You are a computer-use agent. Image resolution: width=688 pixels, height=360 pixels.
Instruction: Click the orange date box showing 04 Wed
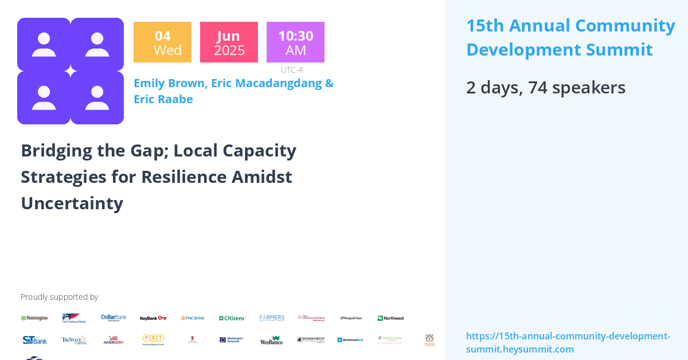tap(162, 42)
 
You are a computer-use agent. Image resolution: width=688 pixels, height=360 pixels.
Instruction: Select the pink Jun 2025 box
tap(229, 42)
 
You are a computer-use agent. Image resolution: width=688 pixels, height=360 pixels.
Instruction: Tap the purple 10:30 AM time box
tap(295, 42)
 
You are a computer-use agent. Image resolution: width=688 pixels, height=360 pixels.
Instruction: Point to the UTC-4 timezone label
tap(291, 70)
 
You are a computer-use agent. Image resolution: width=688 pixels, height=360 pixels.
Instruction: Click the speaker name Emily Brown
tap(169, 83)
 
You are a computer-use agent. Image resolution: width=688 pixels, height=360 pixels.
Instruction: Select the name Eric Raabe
tap(163, 99)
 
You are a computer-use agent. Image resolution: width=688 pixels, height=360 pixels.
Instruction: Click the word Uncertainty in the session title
tap(72, 203)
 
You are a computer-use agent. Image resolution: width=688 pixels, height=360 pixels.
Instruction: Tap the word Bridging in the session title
tap(57, 150)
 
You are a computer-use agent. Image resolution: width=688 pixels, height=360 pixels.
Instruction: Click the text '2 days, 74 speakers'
tap(545, 88)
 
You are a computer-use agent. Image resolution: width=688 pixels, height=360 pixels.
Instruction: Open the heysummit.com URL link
tap(568, 342)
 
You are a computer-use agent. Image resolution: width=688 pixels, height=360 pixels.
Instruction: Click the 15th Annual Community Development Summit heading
tap(570, 37)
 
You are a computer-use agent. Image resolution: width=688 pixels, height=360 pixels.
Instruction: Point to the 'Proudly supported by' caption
tap(59, 297)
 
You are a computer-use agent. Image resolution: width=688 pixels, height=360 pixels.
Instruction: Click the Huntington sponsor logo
tap(34, 318)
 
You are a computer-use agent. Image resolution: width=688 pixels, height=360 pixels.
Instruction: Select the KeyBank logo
tap(153, 318)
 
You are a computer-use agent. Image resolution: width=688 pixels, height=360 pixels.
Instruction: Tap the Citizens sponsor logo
tap(232, 318)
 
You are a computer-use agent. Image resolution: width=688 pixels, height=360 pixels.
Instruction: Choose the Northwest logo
tap(390, 318)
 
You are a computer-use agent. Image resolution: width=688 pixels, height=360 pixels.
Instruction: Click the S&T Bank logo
tap(34, 340)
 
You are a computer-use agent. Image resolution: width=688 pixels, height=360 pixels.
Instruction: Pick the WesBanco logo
tap(271, 340)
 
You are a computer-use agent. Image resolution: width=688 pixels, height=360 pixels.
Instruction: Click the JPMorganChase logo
tap(351, 318)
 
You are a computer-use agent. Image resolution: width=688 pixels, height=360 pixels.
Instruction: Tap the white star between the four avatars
tap(71, 71)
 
